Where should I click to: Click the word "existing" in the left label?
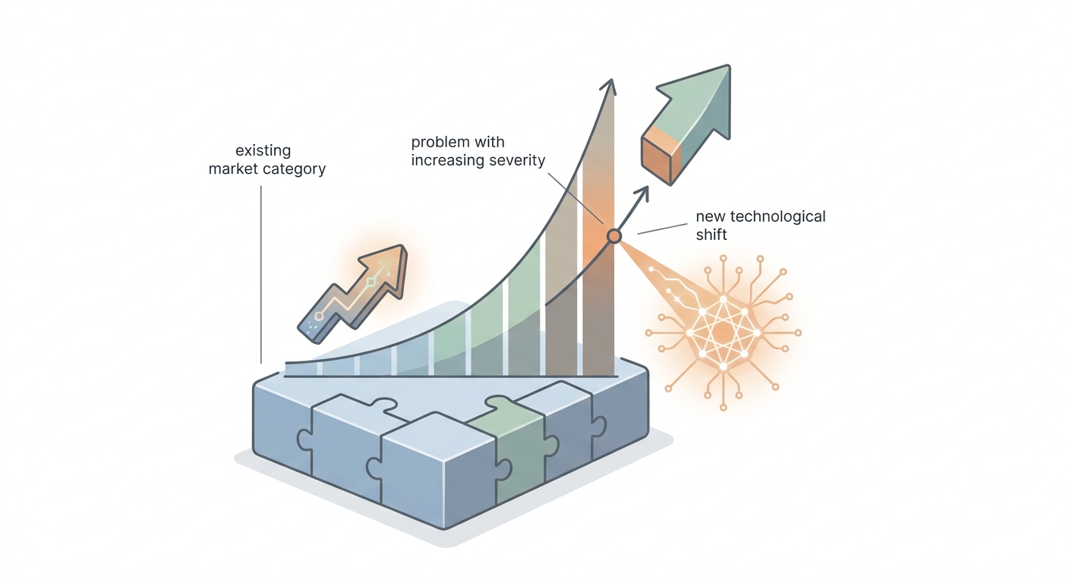tap(263, 151)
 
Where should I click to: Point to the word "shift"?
tap(711, 235)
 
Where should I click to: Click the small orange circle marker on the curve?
tap(614, 236)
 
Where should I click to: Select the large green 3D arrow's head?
tap(699, 100)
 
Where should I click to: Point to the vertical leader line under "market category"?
tap(261, 275)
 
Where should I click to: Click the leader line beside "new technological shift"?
tap(662, 229)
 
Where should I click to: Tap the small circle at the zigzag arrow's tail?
tap(320, 317)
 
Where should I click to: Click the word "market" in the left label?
tap(232, 169)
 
